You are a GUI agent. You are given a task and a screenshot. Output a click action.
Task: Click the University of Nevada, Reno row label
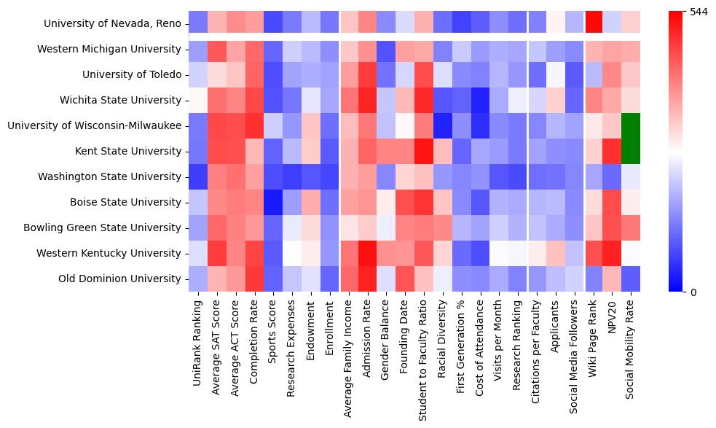[112, 23]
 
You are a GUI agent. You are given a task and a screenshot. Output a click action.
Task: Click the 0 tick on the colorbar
[693, 292]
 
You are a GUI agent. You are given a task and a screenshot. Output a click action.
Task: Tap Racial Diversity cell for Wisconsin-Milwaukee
[441, 125]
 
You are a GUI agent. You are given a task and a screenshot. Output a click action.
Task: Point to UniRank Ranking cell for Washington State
[197, 176]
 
